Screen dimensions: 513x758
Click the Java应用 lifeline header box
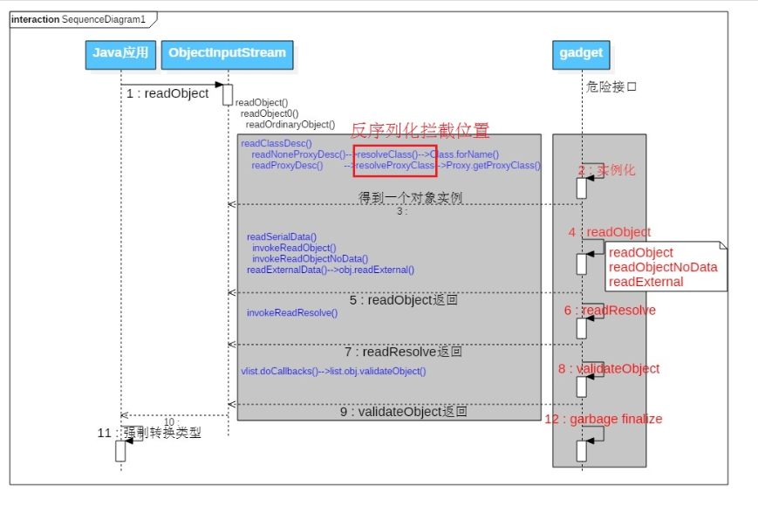(x=120, y=54)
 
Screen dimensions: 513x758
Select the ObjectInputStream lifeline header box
(x=227, y=54)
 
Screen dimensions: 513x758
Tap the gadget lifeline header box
(x=581, y=54)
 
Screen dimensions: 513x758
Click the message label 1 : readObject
(x=168, y=93)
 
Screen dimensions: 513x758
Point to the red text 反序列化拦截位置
(x=420, y=132)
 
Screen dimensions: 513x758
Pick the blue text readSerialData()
(x=282, y=236)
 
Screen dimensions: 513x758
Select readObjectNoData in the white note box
(x=663, y=267)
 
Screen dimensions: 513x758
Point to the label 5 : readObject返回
(x=404, y=300)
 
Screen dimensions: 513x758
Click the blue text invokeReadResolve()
(x=292, y=312)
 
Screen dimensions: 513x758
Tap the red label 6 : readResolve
(x=610, y=311)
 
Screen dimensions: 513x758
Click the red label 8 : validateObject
(x=609, y=369)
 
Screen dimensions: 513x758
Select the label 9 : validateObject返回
(x=404, y=411)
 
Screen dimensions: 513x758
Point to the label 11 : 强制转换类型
(x=149, y=432)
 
